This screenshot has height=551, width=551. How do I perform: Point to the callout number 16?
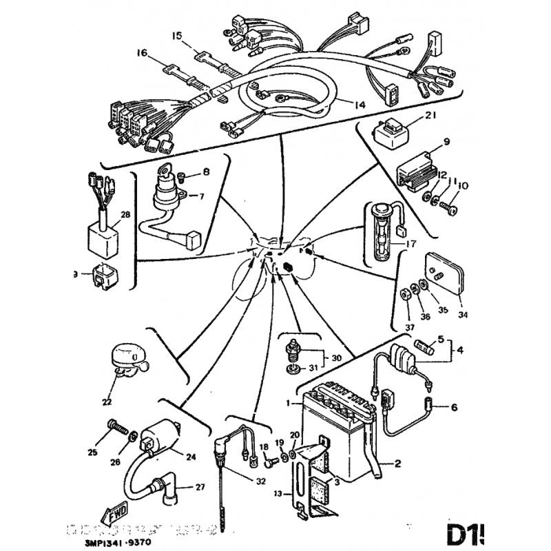(143, 53)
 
